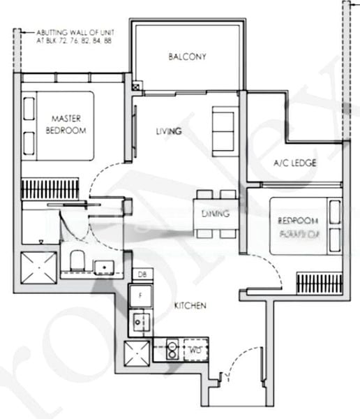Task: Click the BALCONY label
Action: [187, 57]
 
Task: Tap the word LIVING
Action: [169, 131]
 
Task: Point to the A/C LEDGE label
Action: [294, 163]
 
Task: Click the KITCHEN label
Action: [190, 304]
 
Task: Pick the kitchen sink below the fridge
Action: [141, 322]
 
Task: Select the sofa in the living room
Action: [225, 126]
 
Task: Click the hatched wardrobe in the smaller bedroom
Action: [318, 283]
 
